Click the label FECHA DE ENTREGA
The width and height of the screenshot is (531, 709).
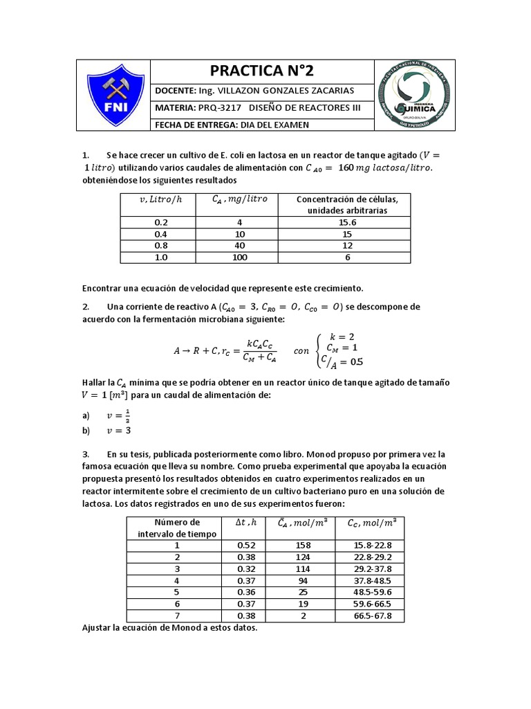point(195,125)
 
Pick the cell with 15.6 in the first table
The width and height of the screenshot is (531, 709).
point(348,222)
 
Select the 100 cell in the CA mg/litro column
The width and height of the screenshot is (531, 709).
point(239,258)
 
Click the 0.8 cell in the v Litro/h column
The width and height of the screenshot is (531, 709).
point(161,246)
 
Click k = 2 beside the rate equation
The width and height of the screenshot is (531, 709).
point(342,336)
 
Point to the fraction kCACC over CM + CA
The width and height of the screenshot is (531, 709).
point(261,350)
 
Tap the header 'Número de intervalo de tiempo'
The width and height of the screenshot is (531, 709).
point(176,528)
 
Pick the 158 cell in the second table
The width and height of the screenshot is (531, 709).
point(303,546)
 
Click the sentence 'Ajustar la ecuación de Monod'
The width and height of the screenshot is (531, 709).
point(169,628)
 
